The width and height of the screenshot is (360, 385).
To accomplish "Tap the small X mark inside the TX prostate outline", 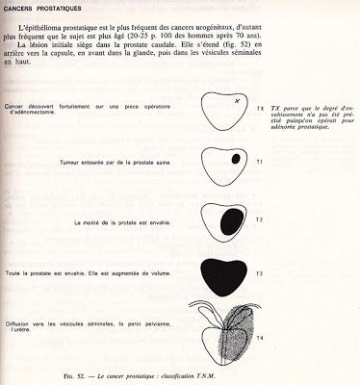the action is (237, 100).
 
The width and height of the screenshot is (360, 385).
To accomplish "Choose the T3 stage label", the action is (260, 275).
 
